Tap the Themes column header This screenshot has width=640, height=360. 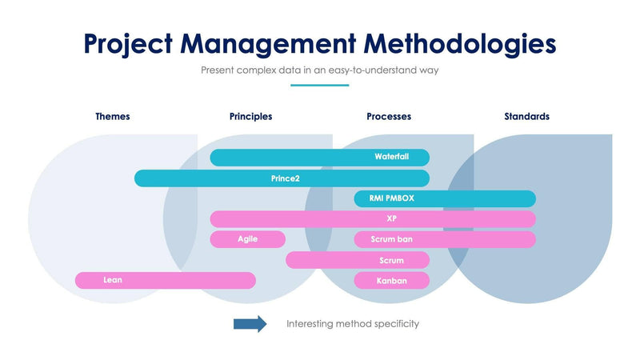click(x=112, y=116)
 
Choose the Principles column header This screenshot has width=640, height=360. click(x=250, y=116)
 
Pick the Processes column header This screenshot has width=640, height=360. click(x=389, y=116)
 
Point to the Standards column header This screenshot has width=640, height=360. click(x=526, y=116)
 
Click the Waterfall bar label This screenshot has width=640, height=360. click(x=391, y=157)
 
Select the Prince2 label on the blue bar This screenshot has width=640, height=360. click(x=285, y=178)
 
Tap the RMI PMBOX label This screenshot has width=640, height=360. click(x=391, y=198)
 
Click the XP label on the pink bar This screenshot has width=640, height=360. click(x=391, y=218)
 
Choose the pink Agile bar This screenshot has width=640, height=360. click(x=247, y=239)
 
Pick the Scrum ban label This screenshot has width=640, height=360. click(x=391, y=239)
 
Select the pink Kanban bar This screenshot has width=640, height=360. click(x=391, y=281)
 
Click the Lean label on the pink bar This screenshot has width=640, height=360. click(x=113, y=280)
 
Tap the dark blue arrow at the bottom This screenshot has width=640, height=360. click(x=250, y=324)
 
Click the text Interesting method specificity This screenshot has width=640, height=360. click(x=353, y=324)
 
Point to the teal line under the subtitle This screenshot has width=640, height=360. click(x=319, y=85)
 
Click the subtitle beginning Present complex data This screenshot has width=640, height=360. click(x=319, y=70)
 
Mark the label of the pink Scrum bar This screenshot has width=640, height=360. click(x=391, y=260)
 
